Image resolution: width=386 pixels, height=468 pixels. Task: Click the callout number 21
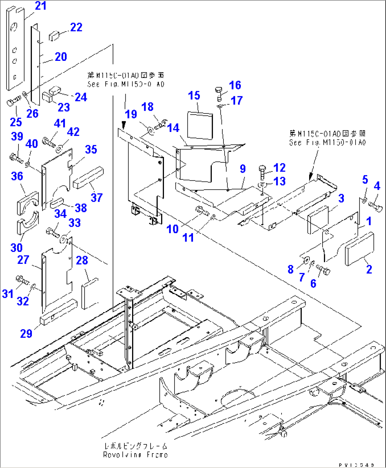(40, 6)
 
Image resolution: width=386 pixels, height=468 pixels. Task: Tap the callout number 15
(194, 96)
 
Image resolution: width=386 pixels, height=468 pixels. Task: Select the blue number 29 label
(26, 334)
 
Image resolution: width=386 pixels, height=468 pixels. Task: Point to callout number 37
(96, 197)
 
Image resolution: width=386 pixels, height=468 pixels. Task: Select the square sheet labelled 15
(200, 125)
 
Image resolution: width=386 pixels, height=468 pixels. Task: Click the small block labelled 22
(54, 35)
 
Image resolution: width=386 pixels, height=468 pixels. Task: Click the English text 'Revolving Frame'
(135, 455)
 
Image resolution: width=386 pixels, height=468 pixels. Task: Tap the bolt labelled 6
(323, 270)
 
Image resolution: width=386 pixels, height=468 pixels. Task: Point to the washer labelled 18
(151, 130)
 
